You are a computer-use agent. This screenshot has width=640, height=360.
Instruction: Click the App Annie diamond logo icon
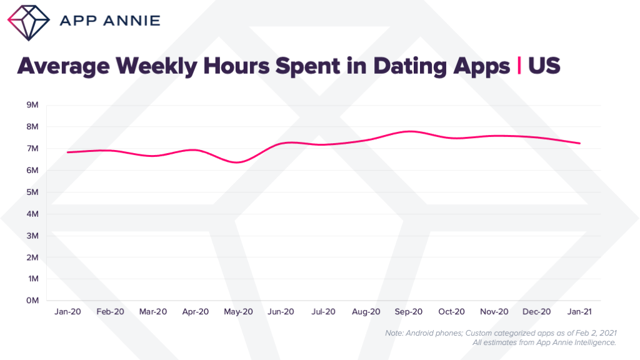pos(29,21)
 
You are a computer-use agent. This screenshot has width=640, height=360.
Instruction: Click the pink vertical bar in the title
pos(519,66)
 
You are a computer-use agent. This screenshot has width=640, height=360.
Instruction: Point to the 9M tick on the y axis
pos(32,105)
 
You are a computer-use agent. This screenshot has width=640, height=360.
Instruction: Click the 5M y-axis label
pos(32,192)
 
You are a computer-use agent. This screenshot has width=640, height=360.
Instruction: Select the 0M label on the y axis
pos(32,301)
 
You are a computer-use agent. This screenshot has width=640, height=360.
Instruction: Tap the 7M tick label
pos(32,149)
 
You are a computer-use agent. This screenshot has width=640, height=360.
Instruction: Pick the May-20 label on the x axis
pos(237,311)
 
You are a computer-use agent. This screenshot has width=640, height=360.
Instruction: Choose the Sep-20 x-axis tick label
pos(409,311)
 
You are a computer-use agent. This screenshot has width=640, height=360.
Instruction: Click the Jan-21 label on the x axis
pos(579,311)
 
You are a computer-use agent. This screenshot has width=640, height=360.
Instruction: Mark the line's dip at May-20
pos(237,162)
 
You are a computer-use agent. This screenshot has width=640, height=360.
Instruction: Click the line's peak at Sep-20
pos(409,131)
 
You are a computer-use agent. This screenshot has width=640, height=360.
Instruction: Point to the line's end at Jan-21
pos(580,143)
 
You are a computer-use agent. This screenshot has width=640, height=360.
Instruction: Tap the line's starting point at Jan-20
pos(67,152)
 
